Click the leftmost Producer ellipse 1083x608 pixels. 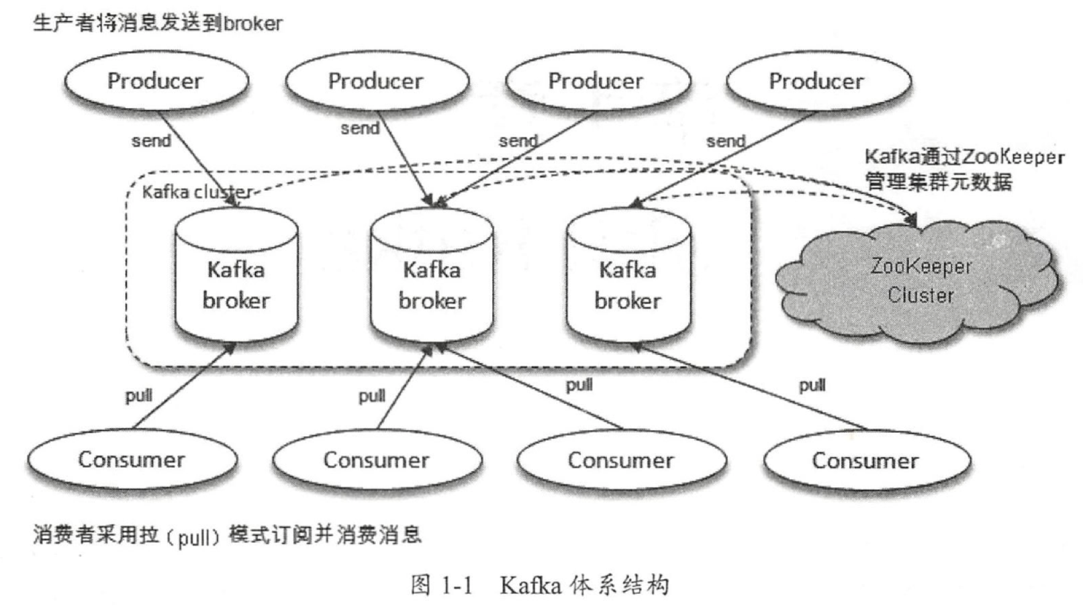point(156,81)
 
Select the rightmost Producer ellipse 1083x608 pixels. point(817,81)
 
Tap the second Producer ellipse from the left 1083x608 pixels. point(376,81)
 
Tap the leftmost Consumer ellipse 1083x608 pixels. point(132,460)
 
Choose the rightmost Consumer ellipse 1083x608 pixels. point(865,460)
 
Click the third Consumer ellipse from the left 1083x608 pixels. point(620,460)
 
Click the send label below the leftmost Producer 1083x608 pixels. point(151,141)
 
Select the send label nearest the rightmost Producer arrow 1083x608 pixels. point(725,142)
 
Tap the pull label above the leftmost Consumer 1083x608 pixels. point(138,395)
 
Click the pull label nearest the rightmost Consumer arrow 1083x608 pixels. point(812,385)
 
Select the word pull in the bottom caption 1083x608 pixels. point(195,538)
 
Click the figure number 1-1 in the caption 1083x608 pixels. point(457,586)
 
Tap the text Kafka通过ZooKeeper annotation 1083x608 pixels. point(964,157)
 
